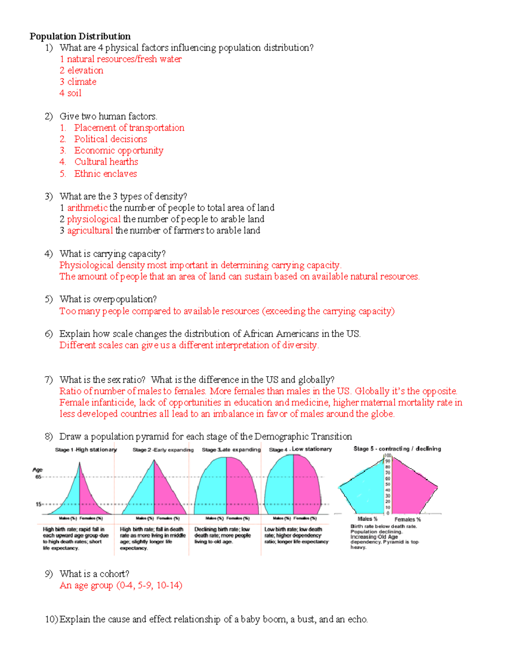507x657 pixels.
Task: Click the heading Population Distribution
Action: [80, 36]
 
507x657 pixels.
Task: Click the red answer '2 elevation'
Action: [81, 71]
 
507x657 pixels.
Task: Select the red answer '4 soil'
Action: [70, 93]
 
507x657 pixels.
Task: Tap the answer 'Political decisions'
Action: [111, 139]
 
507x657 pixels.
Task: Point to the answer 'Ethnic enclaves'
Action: [106, 174]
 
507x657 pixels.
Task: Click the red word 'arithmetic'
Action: [87, 208]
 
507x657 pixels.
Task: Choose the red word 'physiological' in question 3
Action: [94, 219]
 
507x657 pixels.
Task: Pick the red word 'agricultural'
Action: [90, 231]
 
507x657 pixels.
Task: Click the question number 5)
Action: [49, 300]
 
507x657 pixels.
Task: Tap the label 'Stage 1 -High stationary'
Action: [86, 450]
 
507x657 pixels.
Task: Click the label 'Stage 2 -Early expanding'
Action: [163, 450]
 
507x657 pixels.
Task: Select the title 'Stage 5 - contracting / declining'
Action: [397, 449]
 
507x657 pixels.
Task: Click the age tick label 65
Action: [38, 477]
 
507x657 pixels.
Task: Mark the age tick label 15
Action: [38, 504]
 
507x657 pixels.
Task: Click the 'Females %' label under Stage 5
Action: [407, 520]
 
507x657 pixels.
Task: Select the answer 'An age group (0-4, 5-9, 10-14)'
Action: [121, 586]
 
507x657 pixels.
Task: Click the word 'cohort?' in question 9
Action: [114, 574]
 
